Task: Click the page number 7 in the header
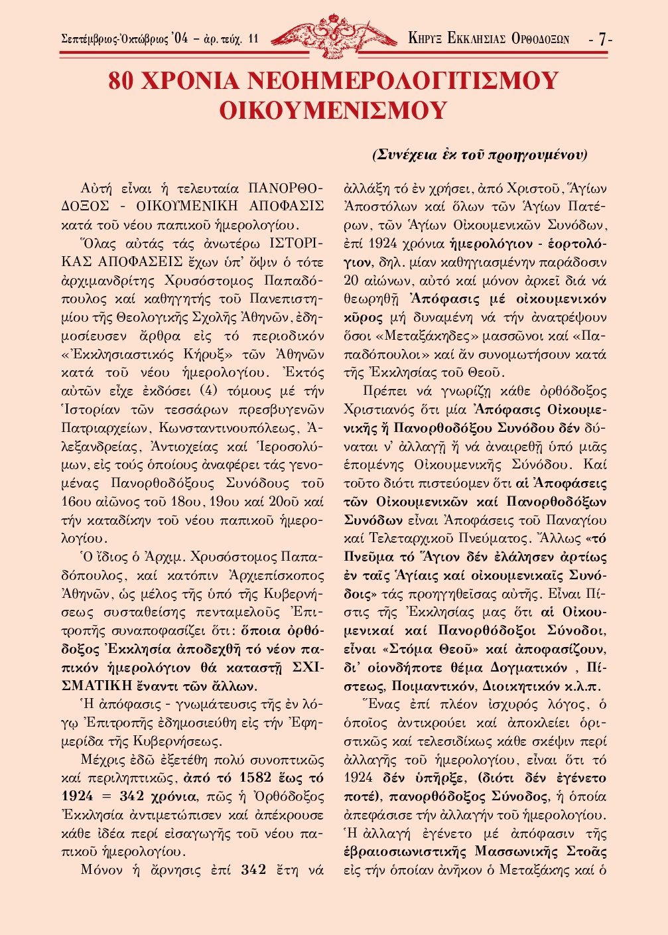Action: point(602,39)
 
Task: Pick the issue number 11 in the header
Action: point(253,39)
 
